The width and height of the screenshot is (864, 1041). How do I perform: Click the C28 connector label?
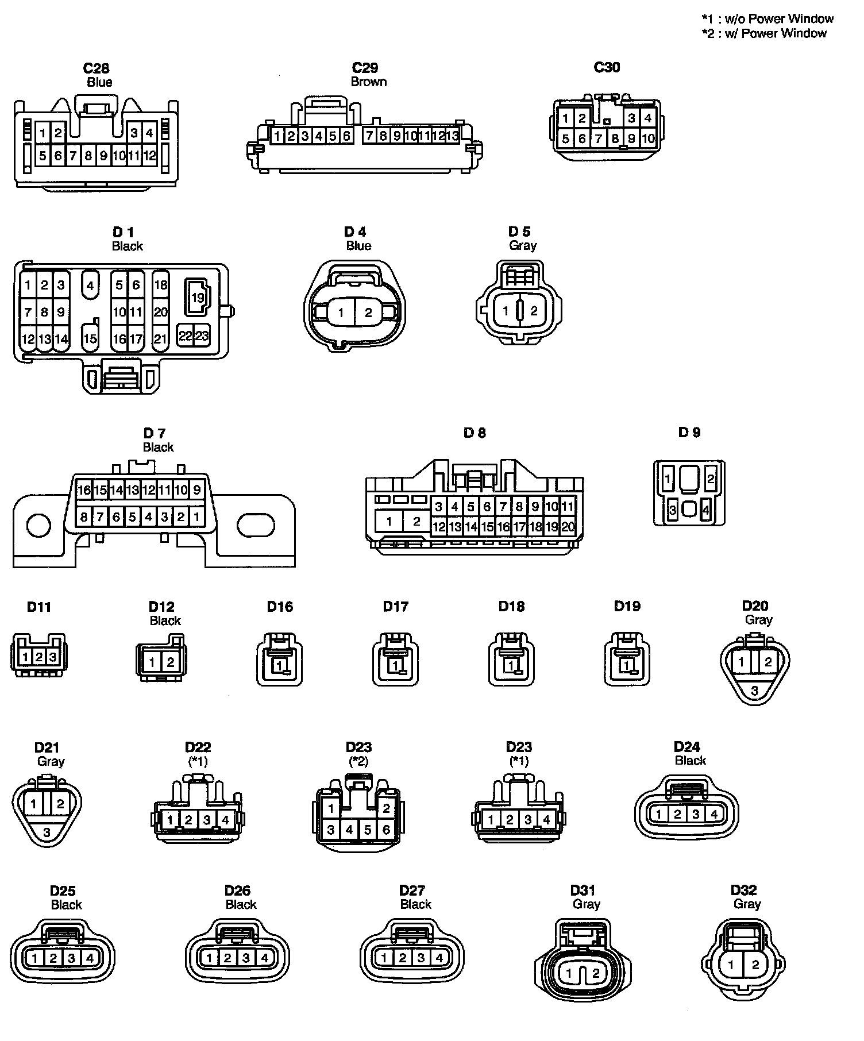click(x=96, y=68)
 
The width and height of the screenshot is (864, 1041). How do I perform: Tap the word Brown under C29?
click(x=368, y=82)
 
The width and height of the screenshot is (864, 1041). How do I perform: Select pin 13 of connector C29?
click(x=452, y=136)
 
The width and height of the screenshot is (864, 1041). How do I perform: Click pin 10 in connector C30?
click(x=648, y=138)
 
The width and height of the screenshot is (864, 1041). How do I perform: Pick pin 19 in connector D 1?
click(x=198, y=298)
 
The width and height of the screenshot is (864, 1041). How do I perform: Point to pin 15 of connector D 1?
click(x=90, y=338)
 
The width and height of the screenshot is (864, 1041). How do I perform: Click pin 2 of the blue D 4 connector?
click(x=368, y=313)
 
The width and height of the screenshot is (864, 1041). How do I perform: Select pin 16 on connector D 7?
click(x=84, y=490)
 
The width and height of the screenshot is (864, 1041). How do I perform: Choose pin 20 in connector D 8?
click(x=568, y=526)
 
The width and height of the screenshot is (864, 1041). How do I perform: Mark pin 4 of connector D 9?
click(x=705, y=510)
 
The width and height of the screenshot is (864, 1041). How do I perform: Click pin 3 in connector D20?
click(x=754, y=691)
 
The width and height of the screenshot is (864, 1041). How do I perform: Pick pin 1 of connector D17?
click(x=395, y=666)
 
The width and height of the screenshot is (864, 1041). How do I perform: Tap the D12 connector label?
click(x=161, y=607)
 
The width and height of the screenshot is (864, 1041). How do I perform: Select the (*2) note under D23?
click(x=358, y=761)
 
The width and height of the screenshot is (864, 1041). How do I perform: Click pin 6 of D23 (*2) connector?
click(x=386, y=830)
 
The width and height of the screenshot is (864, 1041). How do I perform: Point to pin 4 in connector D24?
click(x=714, y=814)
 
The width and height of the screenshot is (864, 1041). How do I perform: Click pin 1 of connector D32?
click(x=731, y=965)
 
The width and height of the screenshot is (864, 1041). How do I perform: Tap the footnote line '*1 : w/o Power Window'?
click(x=767, y=18)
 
